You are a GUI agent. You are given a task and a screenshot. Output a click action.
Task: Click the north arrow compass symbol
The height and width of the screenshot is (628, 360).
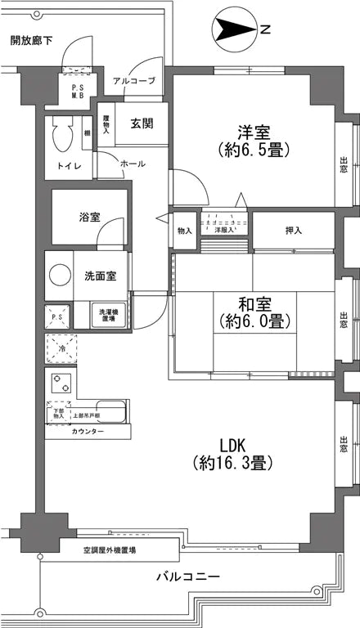click(234, 30)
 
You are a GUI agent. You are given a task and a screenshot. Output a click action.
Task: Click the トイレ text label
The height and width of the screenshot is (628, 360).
click(68, 167)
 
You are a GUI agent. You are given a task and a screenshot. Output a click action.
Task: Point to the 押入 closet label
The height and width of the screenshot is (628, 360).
click(292, 231)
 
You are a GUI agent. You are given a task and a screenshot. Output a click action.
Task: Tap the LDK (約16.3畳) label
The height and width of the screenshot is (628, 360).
click(232, 454)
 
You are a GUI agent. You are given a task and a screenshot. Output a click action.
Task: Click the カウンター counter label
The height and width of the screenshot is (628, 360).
click(88, 431)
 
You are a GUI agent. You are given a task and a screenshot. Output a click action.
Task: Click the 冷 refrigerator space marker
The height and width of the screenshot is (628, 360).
click(61, 348)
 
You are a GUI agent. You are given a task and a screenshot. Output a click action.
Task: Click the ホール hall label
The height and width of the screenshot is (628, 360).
click(133, 164)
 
